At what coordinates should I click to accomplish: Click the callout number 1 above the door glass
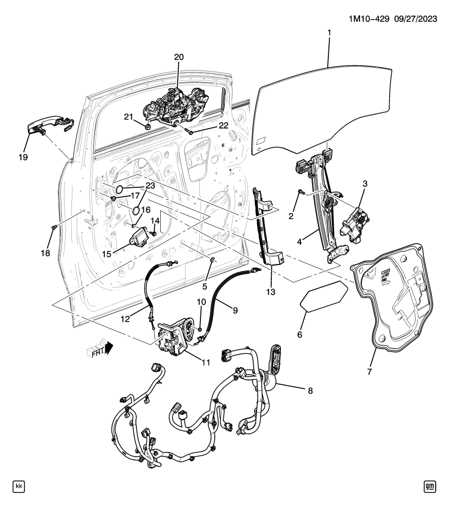pyautogui.click(x=329, y=33)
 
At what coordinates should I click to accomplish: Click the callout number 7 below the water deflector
pyautogui.click(x=370, y=371)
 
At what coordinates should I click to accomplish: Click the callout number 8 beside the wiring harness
pyautogui.click(x=310, y=391)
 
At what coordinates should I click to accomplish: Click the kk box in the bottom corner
pyautogui.click(x=19, y=486)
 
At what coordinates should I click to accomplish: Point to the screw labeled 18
pyautogui.click(x=54, y=227)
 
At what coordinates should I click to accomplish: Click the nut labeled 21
pyautogui.click(x=148, y=126)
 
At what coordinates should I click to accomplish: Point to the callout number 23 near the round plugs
pyautogui.click(x=150, y=185)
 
